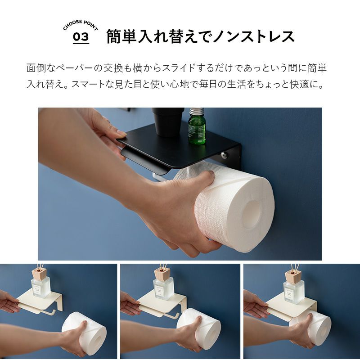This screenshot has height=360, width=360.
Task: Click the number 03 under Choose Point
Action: (81, 37)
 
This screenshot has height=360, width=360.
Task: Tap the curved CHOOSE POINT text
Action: (81, 25)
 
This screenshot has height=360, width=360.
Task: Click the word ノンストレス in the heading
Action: (253, 36)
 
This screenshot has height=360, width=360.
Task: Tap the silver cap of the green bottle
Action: (197, 112)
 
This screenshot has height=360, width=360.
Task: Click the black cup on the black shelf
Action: (168, 121)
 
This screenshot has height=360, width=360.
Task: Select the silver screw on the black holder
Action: (224, 155)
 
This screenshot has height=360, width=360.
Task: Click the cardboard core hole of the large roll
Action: (252, 214)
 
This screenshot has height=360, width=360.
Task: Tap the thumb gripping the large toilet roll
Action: (204, 179)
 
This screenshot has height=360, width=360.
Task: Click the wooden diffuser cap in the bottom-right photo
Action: (293, 275)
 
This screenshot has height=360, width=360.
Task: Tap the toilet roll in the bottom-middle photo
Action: (199, 329)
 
